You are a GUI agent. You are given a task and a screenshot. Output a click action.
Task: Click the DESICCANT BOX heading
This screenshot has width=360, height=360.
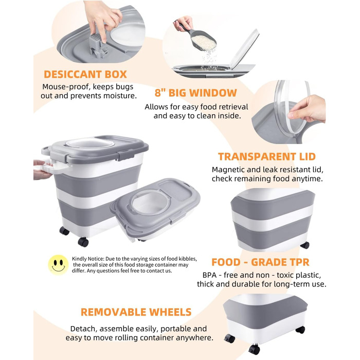coord(85,75)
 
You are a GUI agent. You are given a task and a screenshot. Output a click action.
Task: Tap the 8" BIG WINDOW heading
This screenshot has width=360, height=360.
coord(195,93)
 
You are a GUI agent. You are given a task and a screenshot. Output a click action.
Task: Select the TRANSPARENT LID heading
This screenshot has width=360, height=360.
coord(267,156)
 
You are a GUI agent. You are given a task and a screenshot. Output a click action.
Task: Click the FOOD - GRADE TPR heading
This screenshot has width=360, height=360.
coord(260,262)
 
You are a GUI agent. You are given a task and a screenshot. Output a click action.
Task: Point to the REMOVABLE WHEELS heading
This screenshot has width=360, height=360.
coord(136,312)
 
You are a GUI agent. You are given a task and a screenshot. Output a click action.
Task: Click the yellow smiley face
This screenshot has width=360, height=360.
coord(58,265)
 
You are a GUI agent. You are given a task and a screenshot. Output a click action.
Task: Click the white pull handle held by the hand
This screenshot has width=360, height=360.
coord(50,167)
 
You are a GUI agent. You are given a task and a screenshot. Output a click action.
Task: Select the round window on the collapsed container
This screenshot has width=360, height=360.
coord(150,203)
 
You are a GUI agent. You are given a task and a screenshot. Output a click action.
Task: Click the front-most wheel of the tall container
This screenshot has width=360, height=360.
coord(83,242)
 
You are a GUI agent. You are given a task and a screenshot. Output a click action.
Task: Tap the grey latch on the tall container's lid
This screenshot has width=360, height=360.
coord(126,155)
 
